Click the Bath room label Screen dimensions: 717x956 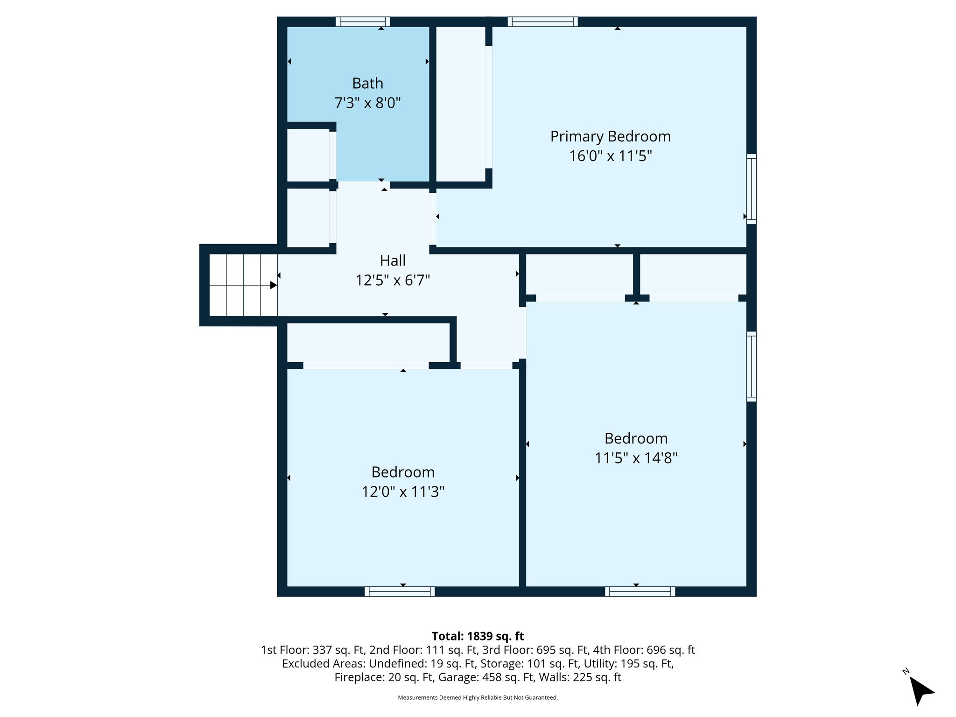point(367,83)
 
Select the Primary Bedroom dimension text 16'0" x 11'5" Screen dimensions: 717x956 point(610,156)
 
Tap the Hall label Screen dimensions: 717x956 point(393,260)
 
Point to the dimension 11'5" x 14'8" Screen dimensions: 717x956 point(636,458)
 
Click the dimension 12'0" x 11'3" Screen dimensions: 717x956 point(403,492)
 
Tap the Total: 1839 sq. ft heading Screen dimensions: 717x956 point(478,636)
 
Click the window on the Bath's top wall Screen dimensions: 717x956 point(363,21)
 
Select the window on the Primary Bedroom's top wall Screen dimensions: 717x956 point(542,21)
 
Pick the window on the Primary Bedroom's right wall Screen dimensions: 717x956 point(751,189)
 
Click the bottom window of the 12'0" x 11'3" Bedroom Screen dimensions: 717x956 point(400,591)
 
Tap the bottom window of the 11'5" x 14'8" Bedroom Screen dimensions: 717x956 point(640,591)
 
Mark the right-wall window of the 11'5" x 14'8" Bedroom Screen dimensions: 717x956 point(751,366)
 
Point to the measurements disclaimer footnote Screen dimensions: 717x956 point(478,698)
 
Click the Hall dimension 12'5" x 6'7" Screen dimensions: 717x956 point(393,280)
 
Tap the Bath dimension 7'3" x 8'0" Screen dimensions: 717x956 point(367,103)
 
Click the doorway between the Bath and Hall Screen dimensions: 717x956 point(364,185)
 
